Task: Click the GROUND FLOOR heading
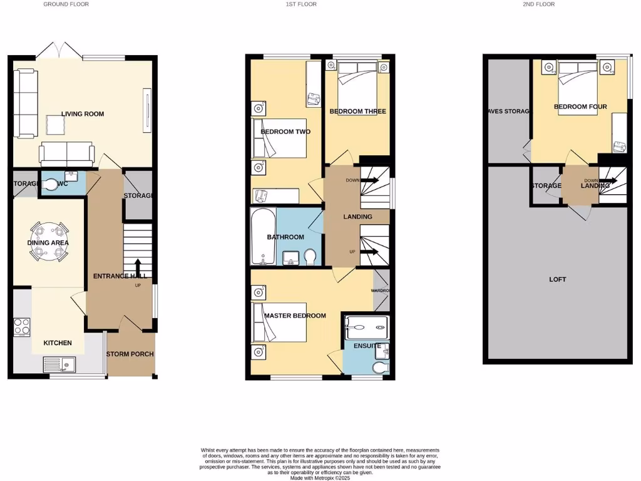pos(66,4)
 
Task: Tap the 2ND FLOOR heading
pos(538,4)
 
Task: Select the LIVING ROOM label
pos(83,114)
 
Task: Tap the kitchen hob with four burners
pos(22,327)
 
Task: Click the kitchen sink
pos(59,363)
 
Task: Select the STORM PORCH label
pos(130,354)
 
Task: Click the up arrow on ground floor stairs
pos(137,269)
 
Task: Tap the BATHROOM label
pos(285,237)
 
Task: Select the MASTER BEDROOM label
pos(295,316)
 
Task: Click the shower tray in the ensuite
pos(366,326)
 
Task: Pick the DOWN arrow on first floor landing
pos(369,180)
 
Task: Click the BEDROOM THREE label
pos(357,111)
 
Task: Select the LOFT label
pos(557,279)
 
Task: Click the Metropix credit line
pos(320,478)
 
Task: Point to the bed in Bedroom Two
pos(280,138)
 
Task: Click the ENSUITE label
pos(366,346)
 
